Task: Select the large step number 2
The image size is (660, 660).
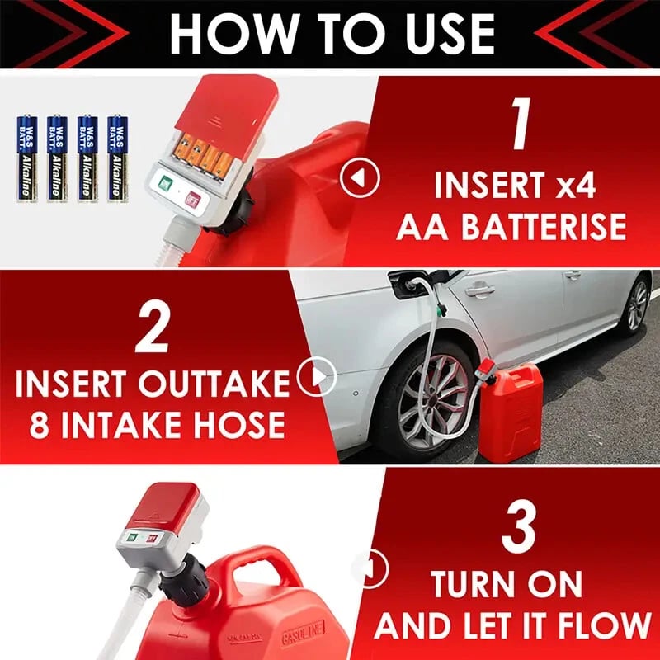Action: point(153,324)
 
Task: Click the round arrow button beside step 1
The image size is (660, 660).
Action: point(360,177)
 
